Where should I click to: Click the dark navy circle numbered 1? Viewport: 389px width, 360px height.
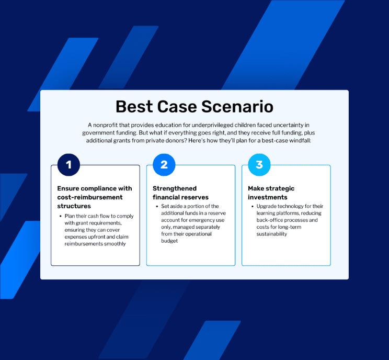coord(68,165)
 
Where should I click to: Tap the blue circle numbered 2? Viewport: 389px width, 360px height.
coord(164,165)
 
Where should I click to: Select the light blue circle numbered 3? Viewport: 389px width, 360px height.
coord(259,165)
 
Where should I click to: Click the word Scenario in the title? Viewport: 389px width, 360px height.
coord(237,107)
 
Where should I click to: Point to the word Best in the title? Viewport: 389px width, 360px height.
coord(134,107)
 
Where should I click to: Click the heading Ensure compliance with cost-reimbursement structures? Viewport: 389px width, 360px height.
coord(95,197)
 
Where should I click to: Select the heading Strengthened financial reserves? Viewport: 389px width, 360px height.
coord(180,193)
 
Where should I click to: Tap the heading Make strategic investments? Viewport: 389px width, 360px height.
coord(271,193)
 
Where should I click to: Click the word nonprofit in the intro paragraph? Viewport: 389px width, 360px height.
coord(105,125)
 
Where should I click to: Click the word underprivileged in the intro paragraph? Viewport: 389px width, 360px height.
coord(212,125)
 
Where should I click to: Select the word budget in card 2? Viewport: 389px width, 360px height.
coord(169,241)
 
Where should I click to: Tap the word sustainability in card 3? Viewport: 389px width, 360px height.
coord(272,234)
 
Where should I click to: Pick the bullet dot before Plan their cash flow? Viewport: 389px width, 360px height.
coord(61,216)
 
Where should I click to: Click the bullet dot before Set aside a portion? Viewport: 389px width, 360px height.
coord(157,206)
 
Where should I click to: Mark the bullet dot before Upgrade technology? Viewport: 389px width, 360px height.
coord(253,206)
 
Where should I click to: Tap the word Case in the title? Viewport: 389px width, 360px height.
coord(177,107)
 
